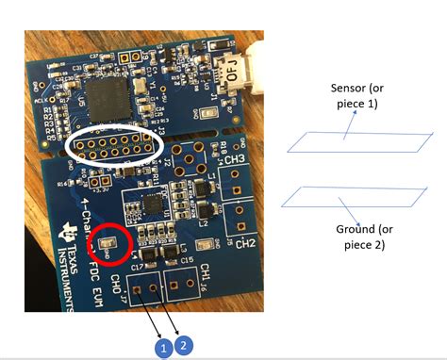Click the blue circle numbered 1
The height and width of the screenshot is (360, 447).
tap(162, 349)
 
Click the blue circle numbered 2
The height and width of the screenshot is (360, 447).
tap(185, 345)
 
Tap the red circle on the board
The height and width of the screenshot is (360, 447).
tap(109, 247)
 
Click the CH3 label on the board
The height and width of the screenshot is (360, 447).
tap(236, 162)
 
